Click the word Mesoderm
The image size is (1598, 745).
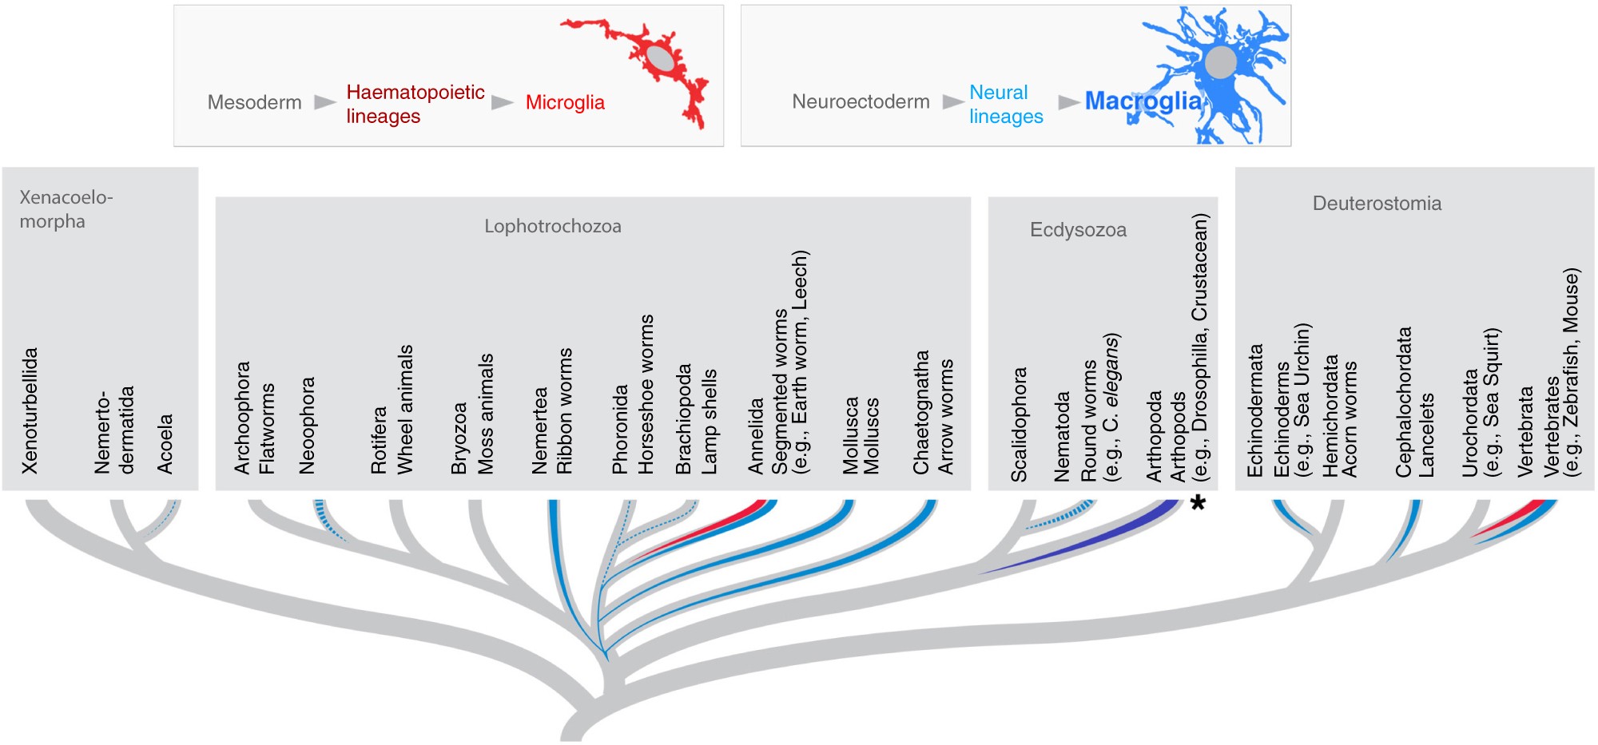pyautogui.click(x=254, y=102)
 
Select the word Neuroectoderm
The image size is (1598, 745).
pyautogui.click(x=861, y=101)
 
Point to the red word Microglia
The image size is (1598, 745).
pyautogui.click(x=565, y=102)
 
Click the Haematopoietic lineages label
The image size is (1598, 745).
pyautogui.click(x=415, y=104)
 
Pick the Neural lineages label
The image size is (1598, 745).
pyautogui.click(x=1006, y=104)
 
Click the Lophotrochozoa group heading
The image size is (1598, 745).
pyautogui.click(x=552, y=226)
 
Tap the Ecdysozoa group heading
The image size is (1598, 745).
pyautogui.click(x=1078, y=230)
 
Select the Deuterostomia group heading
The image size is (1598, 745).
pyautogui.click(x=1377, y=204)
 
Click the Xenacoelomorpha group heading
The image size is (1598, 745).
pyautogui.click(x=66, y=208)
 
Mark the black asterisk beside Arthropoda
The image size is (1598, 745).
pyautogui.click(x=1198, y=503)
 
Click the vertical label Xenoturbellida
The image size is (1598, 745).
pyautogui.click(x=30, y=410)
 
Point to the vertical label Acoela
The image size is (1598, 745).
pyautogui.click(x=165, y=443)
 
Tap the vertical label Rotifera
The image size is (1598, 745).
pyautogui.click(x=379, y=439)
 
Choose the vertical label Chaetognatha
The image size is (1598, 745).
pyautogui.click(x=921, y=412)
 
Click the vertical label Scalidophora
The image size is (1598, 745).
pyautogui.click(x=1019, y=424)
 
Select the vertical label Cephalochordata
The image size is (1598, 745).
pyautogui.click(x=1404, y=402)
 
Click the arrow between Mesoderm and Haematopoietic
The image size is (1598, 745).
pyautogui.click(x=324, y=102)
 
